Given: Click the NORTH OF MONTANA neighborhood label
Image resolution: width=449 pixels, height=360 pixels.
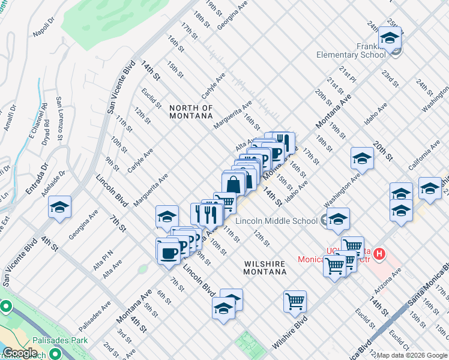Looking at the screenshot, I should [191, 112].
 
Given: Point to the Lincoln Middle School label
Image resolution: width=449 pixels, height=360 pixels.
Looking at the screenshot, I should [277, 221].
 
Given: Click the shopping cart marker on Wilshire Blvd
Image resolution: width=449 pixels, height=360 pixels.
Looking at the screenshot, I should [295, 302].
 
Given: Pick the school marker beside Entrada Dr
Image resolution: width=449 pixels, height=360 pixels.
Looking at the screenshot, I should [60, 208].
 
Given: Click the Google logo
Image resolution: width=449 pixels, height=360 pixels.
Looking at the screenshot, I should [20, 353].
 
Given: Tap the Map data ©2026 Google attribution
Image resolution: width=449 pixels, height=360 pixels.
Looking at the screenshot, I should [411, 355].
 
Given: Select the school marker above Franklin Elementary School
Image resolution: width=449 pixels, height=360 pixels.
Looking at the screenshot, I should [390, 38].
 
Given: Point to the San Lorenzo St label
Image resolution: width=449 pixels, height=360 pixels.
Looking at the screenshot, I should [59, 118].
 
